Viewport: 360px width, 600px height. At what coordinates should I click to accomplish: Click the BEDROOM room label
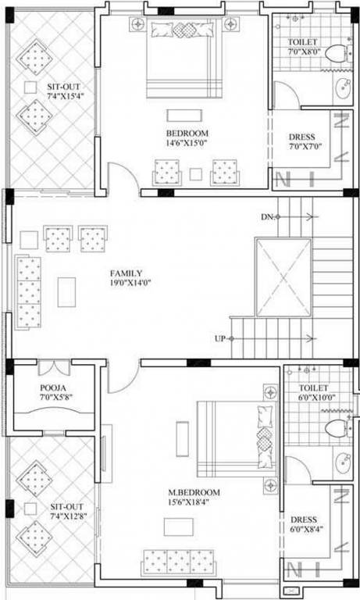(x=187, y=133)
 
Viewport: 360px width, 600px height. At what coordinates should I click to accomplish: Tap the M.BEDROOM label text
(x=194, y=492)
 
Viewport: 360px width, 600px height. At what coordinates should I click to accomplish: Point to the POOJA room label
(x=55, y=388)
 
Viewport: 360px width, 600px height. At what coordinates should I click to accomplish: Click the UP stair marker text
(x=221, y=338)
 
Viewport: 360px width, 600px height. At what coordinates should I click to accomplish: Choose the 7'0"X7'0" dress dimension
(x=305, y=146)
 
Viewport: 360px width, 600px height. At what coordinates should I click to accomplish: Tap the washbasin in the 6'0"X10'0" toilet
(x=343, y=464)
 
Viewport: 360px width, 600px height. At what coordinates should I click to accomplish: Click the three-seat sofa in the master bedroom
(x=178, y=560)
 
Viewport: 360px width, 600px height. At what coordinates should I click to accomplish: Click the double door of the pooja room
(x=54, y=367)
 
